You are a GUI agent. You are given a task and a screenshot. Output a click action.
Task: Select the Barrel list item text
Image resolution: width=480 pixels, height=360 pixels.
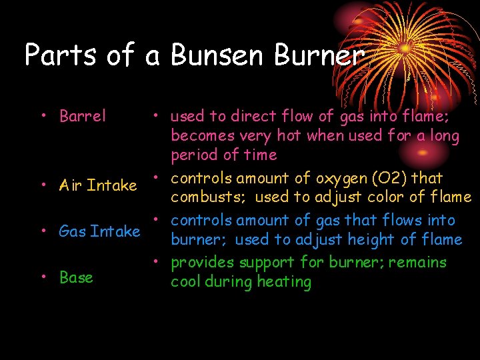click(x=83, y=116)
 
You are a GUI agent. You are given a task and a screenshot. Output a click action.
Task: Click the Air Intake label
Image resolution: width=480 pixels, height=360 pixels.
click(x=97, y=185)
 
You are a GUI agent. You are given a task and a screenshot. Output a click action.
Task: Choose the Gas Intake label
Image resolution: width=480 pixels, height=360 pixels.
click(x=99, y=231)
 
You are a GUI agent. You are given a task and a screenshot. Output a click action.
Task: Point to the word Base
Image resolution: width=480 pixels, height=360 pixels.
click(x=76, y=277)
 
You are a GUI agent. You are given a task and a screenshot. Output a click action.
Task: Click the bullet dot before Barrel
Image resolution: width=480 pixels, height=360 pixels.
click(x=43, y=116)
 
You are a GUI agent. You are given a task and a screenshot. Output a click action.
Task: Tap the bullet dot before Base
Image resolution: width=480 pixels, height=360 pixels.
click(x=43, y=277)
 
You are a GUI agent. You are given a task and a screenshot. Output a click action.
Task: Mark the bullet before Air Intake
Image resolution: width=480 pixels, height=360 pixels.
click(x=43, y=185)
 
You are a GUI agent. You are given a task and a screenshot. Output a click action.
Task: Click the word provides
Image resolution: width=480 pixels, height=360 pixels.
click(x=197, y=263)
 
